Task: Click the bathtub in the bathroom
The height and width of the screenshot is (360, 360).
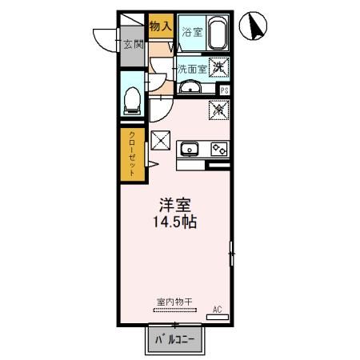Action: pyautogui.click(x=217, y=34)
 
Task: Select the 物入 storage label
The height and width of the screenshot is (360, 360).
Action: pyautogui.click(x=161, y=26)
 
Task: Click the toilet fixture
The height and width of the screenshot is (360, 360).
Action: pyautogui.click(x=134, y=99)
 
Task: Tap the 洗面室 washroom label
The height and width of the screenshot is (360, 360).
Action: pyautogui.click(x=191, y=69)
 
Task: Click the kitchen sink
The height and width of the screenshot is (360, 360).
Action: pyautogui.click(x=190, y=147)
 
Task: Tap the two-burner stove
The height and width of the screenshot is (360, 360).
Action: pyautogui.click(x=218, y=148)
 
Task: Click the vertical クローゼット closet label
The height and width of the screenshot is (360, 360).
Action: pyautogui.click(x=133, y=154)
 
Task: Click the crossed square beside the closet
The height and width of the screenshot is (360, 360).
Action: pyautogui.click(x=161, y=140)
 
